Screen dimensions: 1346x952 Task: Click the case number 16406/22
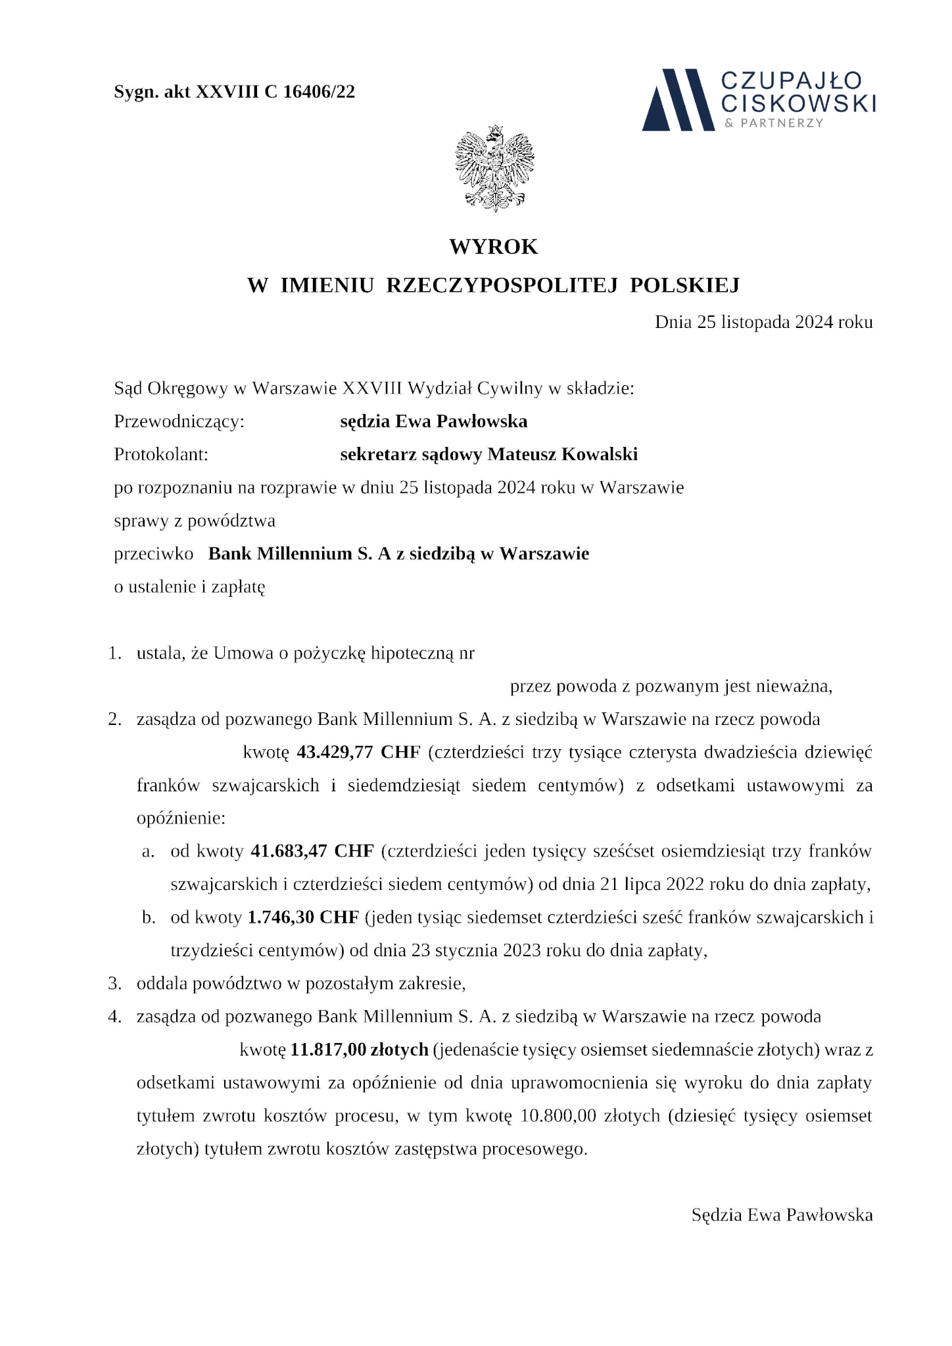click(x=319, y=92)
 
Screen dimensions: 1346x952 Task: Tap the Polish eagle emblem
click(x=494, y=168)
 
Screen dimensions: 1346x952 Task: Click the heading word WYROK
click(x=494, y=246)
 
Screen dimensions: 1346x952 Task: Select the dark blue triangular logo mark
click(x=678, y=99)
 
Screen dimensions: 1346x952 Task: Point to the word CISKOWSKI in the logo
click(x=799, y=103)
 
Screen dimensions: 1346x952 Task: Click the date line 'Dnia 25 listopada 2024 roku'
click(x=763, y=322)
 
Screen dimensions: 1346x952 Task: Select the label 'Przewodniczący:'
click(x=179, y=421)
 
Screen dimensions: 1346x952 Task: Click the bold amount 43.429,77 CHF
click(x=358, y=752)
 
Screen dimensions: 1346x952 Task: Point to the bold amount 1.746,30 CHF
click(x=302, y=917)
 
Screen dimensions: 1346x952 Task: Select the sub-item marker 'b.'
click(x=149, y=917)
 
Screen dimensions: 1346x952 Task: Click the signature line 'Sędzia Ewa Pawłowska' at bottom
click(x=782, y=1215)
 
